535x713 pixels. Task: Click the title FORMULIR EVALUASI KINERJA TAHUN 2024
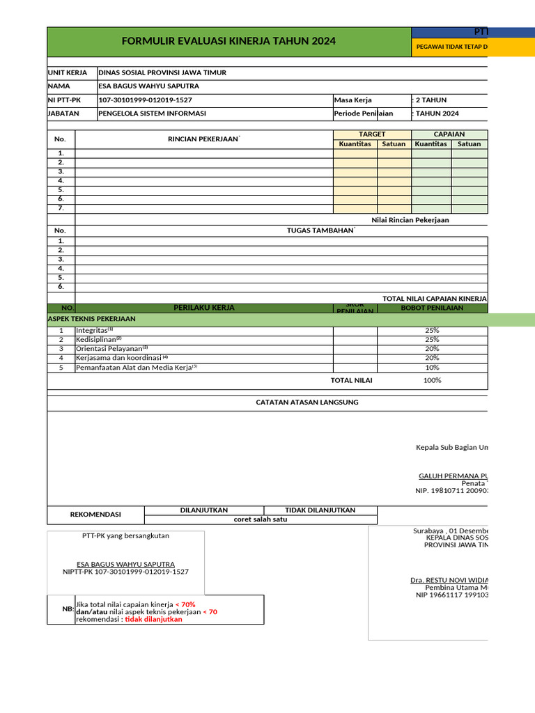228,42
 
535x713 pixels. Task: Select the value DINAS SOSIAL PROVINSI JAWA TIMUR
162,73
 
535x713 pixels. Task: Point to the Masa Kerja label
353,100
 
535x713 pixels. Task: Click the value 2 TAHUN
431,100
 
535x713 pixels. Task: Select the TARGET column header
372,134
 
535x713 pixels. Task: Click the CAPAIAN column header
449,134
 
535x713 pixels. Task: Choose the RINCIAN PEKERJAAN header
203,139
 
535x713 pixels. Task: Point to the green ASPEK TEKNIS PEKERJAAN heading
91,319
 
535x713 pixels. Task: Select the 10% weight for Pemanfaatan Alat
432,368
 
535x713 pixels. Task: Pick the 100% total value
432,381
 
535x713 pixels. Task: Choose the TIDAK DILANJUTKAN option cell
320,510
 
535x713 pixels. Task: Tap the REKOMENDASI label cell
95,515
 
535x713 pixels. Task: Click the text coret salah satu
260,519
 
